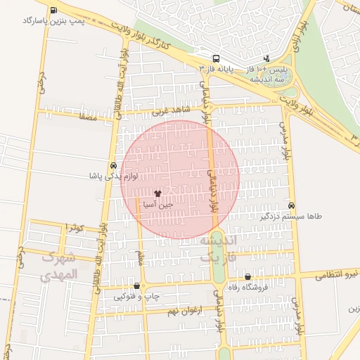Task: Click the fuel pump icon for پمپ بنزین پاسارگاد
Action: coord(54,10)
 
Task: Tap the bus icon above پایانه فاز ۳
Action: coord(217,58)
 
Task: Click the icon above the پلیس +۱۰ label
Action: coord(266,59)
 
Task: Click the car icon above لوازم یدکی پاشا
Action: coord(113,164)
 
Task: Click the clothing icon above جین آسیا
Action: coord(157,193)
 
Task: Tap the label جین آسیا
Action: coord(157,204)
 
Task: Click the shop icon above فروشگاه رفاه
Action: coord(247,277)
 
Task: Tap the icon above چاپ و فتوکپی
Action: coord(136,286)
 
